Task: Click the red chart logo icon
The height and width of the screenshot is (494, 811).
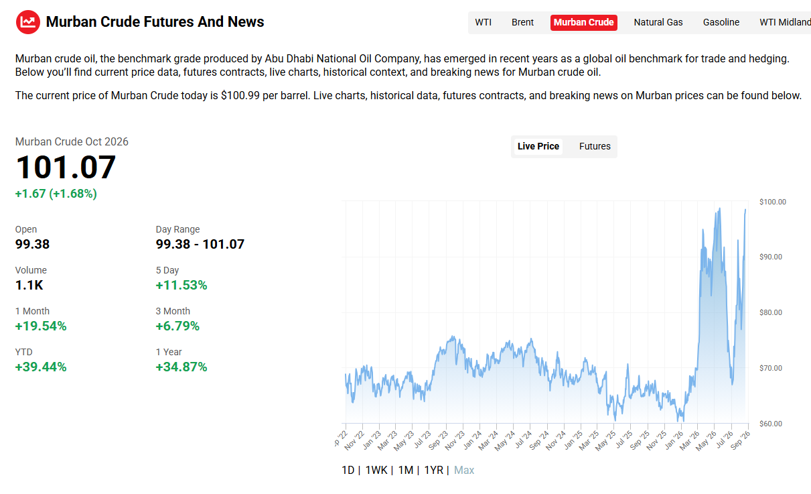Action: (x=28, y=22)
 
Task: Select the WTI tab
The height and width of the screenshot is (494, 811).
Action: (x=483, y=23)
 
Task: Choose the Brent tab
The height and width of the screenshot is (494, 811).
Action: (x=522, y=23)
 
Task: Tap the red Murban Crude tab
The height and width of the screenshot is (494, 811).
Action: (x=583, y=23)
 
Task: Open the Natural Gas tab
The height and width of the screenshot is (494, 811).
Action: (x=658, y=23)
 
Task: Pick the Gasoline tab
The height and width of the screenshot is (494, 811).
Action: (x=721, y=23)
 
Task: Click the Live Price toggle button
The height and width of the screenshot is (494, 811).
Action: (x=538, y=146)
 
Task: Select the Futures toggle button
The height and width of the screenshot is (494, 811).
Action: (x=595, y=146)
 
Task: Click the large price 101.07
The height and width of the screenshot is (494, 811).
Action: (x=66, y=167)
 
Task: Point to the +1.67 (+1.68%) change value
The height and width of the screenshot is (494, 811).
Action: (x=56, y=194)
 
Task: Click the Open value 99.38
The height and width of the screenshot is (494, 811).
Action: (x=32, y=244)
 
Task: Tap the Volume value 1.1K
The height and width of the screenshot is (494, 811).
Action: (x=29, y=286)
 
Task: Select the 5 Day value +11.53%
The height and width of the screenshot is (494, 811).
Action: (x=181, y=286)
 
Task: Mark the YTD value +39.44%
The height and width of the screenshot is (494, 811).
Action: (x=41, y=367)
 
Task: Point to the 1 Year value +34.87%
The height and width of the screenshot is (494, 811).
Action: (x=181, y=367)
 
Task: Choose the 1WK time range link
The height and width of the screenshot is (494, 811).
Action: (x=376, y=471)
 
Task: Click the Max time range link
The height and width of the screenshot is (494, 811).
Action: (x=464, y=471)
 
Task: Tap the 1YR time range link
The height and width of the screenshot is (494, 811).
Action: (x=433, y=471)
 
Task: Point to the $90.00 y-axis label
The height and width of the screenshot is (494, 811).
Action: (x=770, y=257)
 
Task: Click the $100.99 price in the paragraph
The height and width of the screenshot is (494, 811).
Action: (x=240, y=96)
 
